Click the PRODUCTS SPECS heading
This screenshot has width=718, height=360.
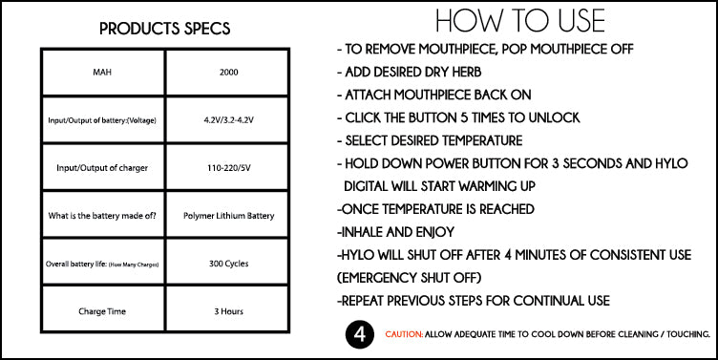pyautogui.click(x=165, y=29)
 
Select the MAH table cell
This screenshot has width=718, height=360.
pyautogui.click(x=103, y=72)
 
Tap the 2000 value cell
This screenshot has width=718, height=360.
pyautogui.click(x=228, y=72)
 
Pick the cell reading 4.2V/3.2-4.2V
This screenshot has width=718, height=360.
pyautogui.click(x=228, y=120)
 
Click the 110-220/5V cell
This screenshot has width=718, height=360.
pyautogui.click(x=228, y=168)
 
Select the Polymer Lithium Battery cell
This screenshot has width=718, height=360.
pyautogui.click(x=228, y=216)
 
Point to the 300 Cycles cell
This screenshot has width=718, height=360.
pyautogui.click(x=228, y=264)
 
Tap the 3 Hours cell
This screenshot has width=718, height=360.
pyautogui.click(x=228, y=311)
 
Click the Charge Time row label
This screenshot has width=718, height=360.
pyautogui.click(x=103, y=311)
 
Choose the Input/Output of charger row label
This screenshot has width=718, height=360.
pyautogui.click(x=103, y=168)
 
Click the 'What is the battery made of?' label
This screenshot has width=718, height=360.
pyautogui.click(x=103, y=216)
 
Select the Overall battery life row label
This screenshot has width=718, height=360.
pyautogui.click(x=103, y=264)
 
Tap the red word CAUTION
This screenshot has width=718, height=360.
pyautogui.click(x=406, y=335)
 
